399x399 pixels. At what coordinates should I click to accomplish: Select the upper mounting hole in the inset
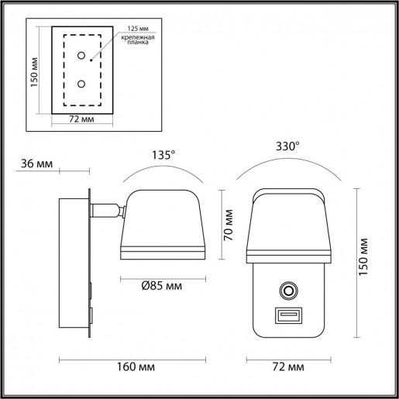point(81,56)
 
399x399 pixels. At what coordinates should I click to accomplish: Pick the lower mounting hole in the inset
point(81,84)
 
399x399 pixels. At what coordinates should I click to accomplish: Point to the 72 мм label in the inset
point(81,120)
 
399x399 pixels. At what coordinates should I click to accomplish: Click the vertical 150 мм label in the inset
point(34,71)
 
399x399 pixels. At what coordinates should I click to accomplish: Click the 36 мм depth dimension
point(38,163)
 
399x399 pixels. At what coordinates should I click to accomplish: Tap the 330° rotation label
point(287,145)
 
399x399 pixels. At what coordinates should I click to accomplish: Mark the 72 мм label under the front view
point(288,366)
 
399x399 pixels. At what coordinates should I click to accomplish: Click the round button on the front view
point(288,291)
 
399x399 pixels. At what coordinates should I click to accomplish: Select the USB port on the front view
point(287,316)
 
